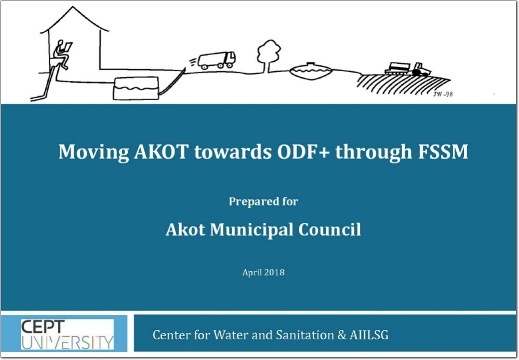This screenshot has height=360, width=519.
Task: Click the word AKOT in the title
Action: [x=162, y=152]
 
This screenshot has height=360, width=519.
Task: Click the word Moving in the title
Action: [x=94, y=152]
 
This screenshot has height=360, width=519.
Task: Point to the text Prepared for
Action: [x=263, y=201]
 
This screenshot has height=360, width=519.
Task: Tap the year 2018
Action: [x=274, y=272]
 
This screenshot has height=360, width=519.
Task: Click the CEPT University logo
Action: [x=67, y=334]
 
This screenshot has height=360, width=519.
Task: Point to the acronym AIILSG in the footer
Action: [x=369, y=335]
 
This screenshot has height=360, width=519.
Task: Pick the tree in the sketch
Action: [x=269, y=56]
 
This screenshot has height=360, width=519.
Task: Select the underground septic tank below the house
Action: [x=136, y=88]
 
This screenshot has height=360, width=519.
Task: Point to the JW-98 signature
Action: [x=443, y=95]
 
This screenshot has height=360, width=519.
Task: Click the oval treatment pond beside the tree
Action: [x=311, y=71]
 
